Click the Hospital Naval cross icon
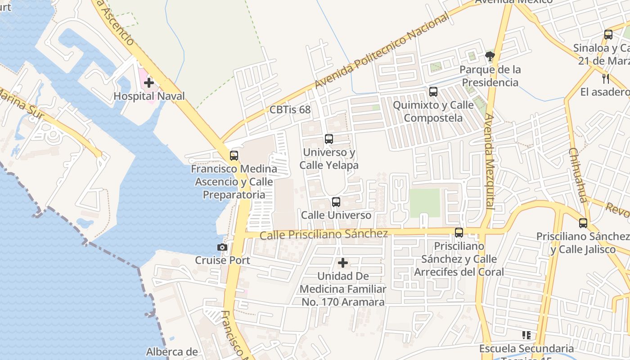pos(149,83)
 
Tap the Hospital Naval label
pos(149,96)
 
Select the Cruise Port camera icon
pos(222,247)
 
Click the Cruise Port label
pos(222,260)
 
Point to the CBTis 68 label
pos(290,109)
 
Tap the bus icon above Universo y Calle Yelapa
pos(329,139)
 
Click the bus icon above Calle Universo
pos(336,202)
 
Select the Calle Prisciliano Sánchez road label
pos(324,234)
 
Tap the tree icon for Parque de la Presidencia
pos(490,56)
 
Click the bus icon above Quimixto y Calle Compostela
pos(433,92)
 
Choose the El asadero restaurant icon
pos(606,79)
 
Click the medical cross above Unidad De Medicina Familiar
pos(343,262)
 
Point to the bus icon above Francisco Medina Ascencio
pos(234,156)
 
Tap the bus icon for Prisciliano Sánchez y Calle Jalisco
pos(583,223)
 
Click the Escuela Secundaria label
pos(526,349)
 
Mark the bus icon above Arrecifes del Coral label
pos(459,233)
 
